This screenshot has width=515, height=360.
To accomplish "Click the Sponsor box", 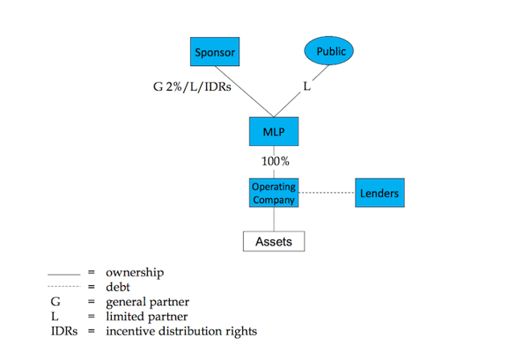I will click(215, 53).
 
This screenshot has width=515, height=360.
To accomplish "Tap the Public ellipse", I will click(331, 52).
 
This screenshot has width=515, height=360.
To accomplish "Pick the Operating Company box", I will click(274, 193).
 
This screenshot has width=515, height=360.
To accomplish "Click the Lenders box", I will click(379, 193).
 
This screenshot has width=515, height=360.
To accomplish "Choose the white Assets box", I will click(274, 241).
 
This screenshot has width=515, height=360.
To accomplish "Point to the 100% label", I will click(274, 161).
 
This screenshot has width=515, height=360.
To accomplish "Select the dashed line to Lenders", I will click(326, 193).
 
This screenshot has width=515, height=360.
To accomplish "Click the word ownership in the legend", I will click(134, 272).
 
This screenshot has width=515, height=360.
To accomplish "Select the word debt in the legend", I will click(118, 287).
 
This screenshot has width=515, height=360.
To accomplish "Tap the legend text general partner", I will click(146, 301).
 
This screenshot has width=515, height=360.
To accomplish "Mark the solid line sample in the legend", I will click(64, 274).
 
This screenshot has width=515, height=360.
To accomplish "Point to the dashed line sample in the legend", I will click(64, 288).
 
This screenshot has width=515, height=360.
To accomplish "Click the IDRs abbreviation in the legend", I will click(64, 330).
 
